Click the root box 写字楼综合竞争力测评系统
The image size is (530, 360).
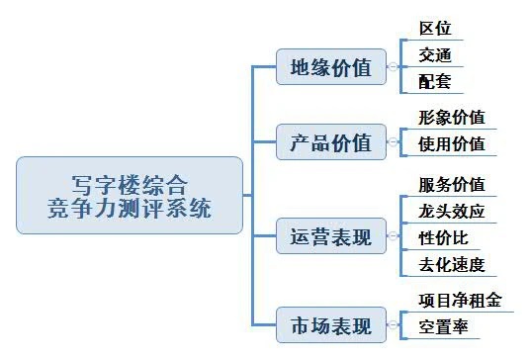(x=130, y=195)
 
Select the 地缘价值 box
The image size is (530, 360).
(x=330, y=68)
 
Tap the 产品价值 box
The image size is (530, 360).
(x=330, y=142)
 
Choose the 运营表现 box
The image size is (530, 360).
(x=330, y=237)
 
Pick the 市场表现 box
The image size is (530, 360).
(x=330, y=324)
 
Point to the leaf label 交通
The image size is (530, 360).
(x=434, y=55)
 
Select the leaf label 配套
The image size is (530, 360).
(x=434, y=82)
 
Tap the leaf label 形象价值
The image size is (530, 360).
(x=452, y=118)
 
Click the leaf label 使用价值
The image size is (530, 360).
(x=452, y=144)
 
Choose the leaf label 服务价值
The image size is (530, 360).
(x=452, y=184)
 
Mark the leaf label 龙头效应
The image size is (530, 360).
(x=452, y=211)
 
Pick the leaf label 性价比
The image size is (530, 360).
(x=443, y=237)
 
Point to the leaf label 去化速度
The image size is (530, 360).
(x=452, y=265)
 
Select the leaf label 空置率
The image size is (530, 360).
(x=443, y=325)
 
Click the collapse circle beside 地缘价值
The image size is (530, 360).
(x=393, y=68)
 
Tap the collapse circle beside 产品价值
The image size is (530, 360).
(x=393, y=142)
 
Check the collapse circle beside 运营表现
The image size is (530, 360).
(x=393, y=237)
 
